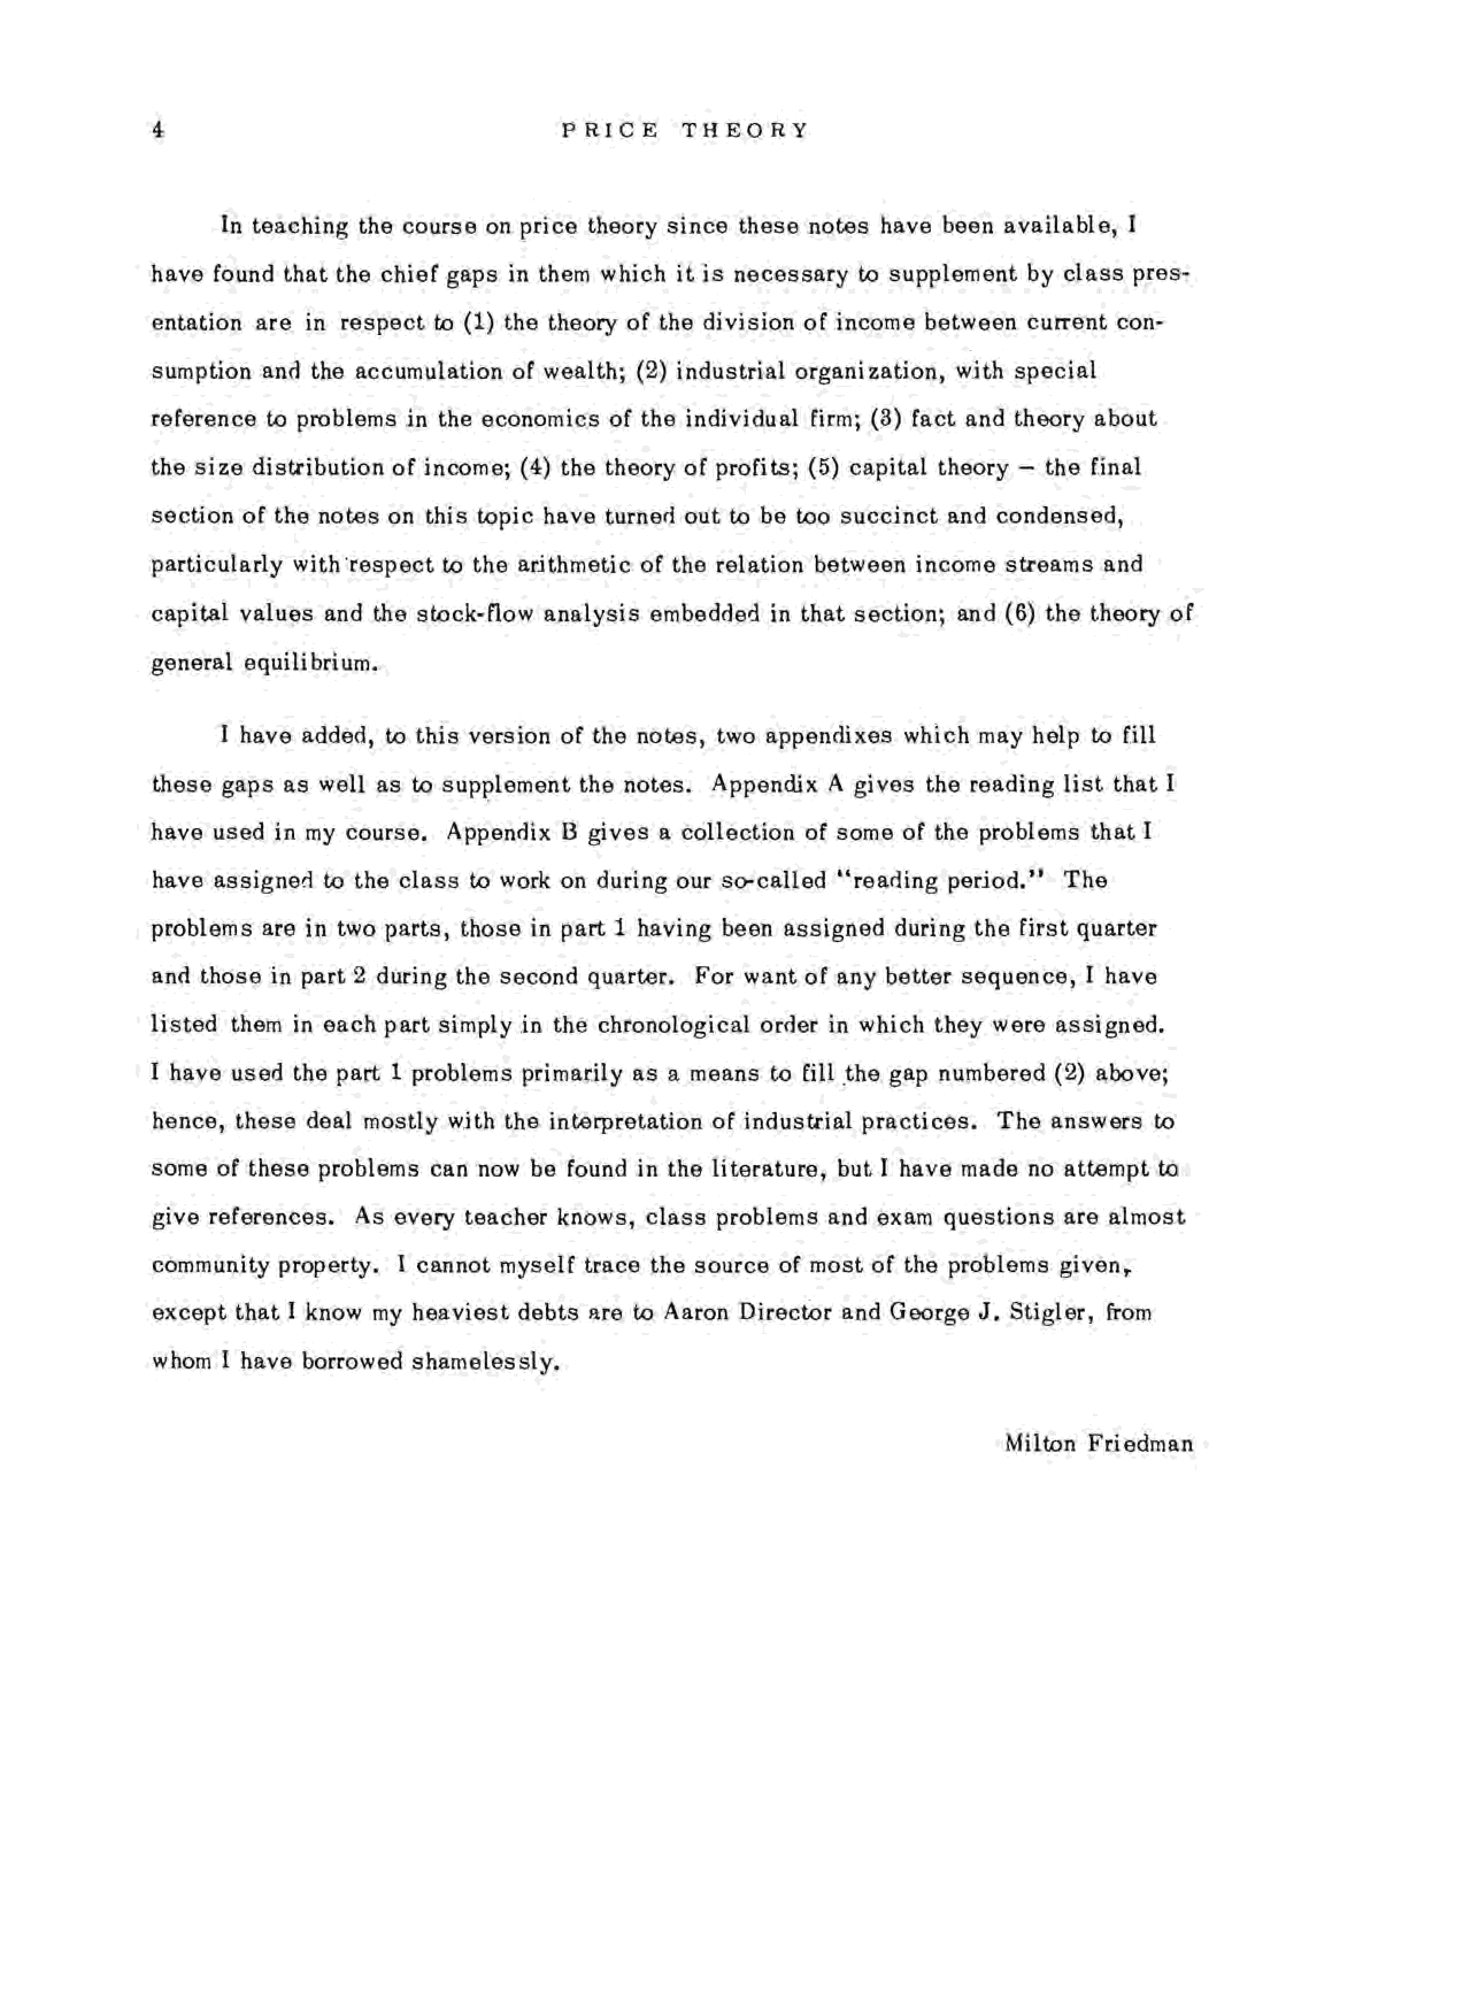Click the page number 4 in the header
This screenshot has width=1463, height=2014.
point(158,130)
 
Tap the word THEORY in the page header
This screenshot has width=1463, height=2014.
point(745,130)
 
